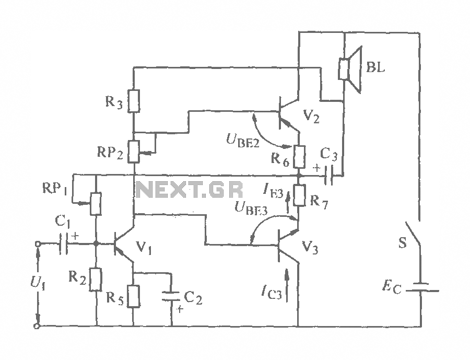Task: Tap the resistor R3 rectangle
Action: [x=134, y=101]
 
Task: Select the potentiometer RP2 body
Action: [x=134, y=152]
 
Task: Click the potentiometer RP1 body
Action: [x=96, y=204]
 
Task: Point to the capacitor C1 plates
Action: [x=64, y=243]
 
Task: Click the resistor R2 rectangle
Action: [x=96, y=280]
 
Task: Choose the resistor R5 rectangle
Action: [x=133, y=296]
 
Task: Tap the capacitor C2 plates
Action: [x=171, y=296]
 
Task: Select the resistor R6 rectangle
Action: [x=299, y=157]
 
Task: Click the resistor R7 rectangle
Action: [x=299, y=195]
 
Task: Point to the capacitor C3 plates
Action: [x=329, y=175]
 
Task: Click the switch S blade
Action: [x=413, y=234]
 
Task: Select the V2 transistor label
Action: [x=311, y=116]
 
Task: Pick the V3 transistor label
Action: [x=310, y=248]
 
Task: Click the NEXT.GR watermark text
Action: [x=190, y=189]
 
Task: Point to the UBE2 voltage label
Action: [x=243, y=141]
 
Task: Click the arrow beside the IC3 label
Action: [x=286, y=285]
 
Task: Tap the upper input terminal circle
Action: [x=38, y=244]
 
